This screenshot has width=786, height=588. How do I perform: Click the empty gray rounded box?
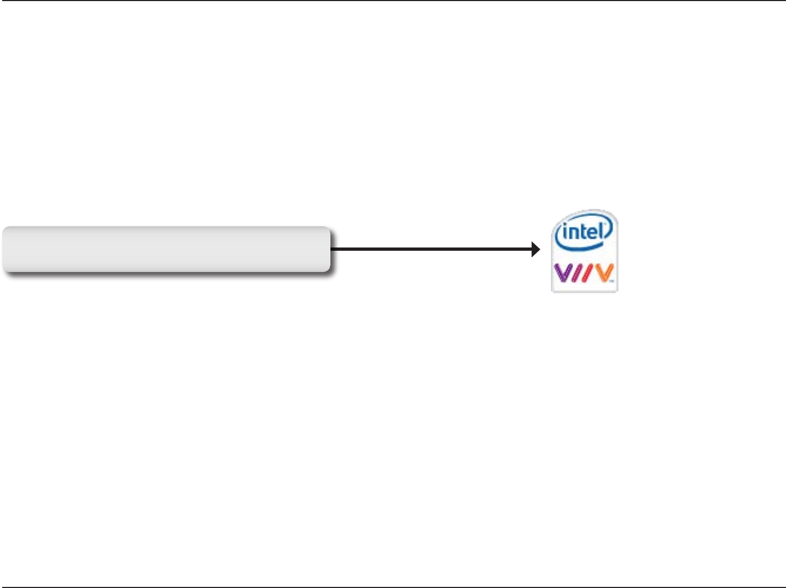click(166, 249)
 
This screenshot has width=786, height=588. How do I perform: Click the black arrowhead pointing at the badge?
click(536, 250)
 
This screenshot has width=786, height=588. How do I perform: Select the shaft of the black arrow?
click(430, 250)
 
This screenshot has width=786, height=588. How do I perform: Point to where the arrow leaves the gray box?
click(331, 250)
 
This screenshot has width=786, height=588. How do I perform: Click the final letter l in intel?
click(601, 231)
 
